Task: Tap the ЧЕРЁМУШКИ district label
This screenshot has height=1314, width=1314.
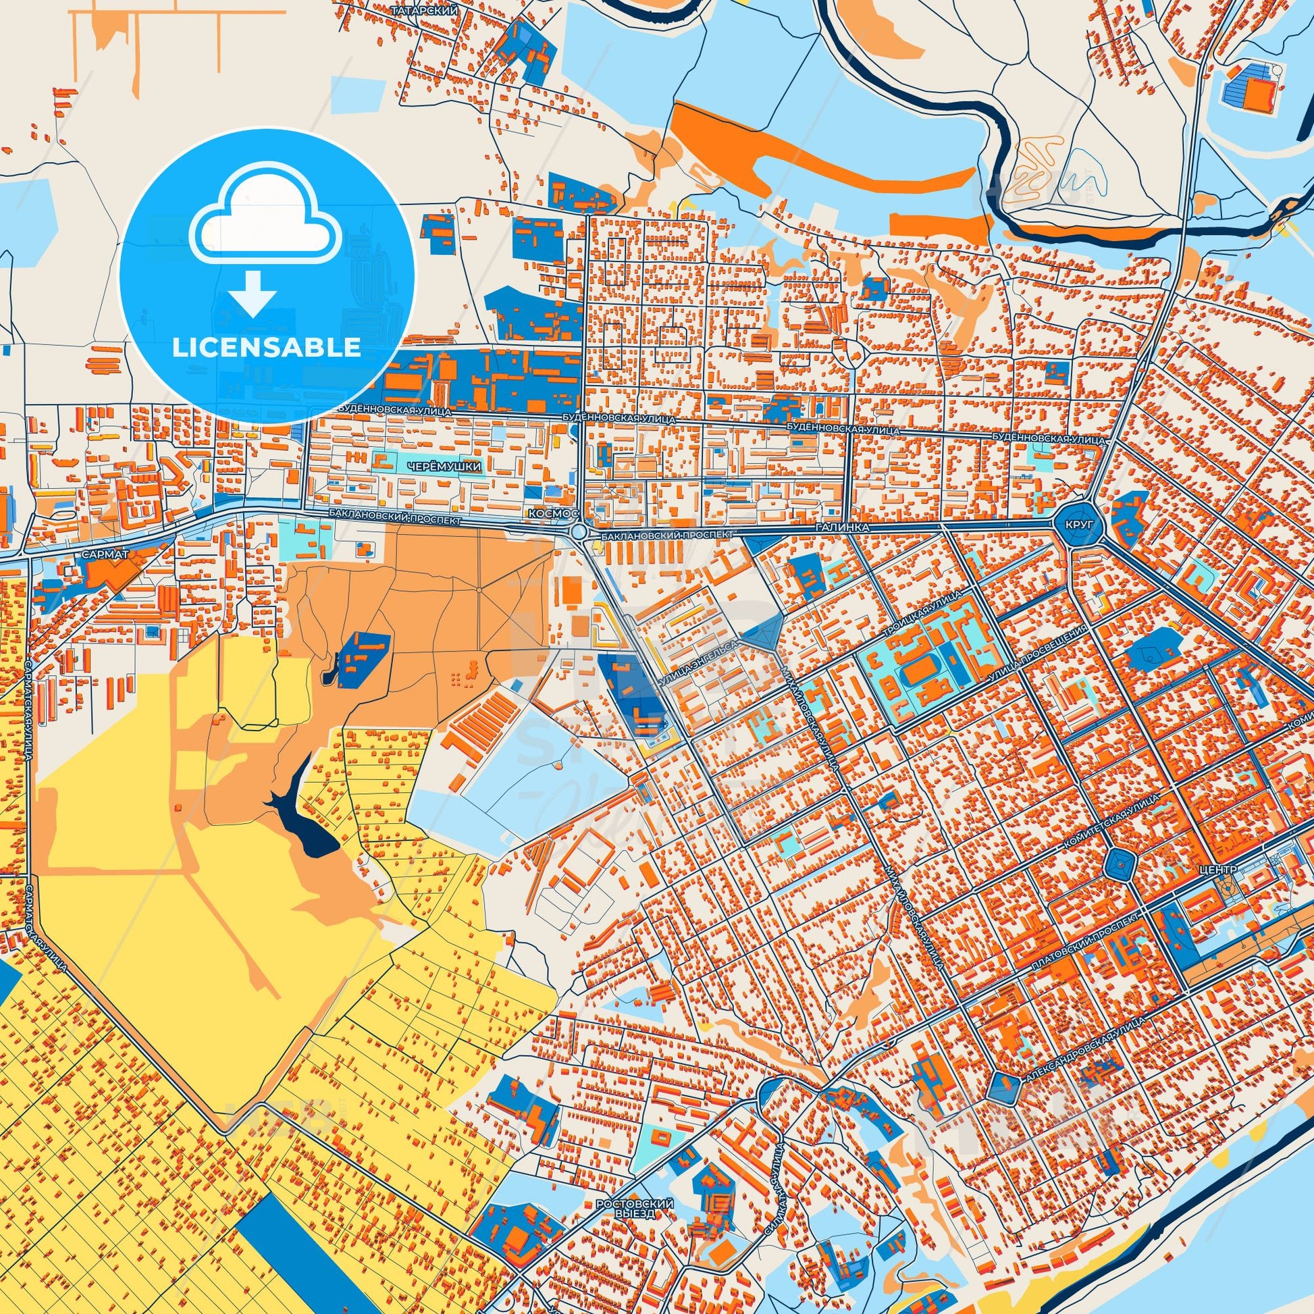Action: (x=444, y=467)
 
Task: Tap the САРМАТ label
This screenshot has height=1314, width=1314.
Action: (x=105, y=554)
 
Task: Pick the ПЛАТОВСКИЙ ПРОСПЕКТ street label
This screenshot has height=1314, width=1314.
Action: (x=1085, y=945)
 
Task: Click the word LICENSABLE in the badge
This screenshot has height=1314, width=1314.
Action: (x=266, y=348)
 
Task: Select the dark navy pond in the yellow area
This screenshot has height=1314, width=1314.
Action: (x=306, y=823)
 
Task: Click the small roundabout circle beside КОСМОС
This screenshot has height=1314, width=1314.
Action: (x=579, y=531)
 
